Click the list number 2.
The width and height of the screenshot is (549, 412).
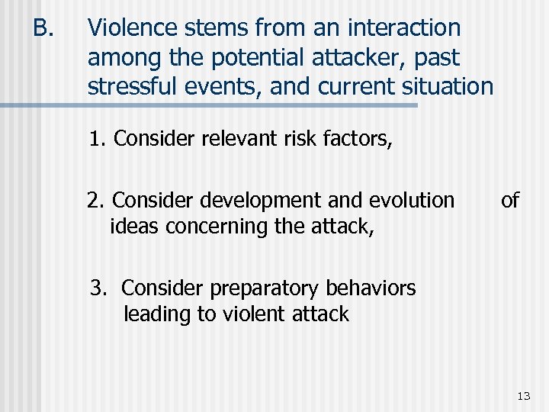click(x=95, y=201)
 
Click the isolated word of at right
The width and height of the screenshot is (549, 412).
click(x=509, y=201)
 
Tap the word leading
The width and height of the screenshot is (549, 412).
click(x=157, y=314)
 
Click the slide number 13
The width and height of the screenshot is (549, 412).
click(x=523, y=395)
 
